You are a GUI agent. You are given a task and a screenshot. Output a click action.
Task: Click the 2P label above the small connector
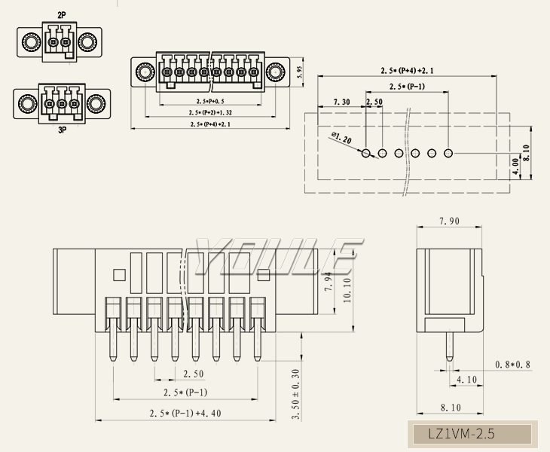click(62, 15)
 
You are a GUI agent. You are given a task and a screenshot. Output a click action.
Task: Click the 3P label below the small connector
click(62, 130)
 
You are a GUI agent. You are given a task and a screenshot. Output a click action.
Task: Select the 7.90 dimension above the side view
click(450, 221)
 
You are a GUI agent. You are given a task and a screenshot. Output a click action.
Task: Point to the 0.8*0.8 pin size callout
click(512, 365)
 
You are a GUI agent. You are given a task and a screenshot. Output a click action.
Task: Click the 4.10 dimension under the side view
click(467, 380)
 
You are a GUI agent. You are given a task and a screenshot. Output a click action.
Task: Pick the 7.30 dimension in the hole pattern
click(341, 102)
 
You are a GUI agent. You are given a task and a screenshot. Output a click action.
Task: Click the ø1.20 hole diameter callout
click(341, 139)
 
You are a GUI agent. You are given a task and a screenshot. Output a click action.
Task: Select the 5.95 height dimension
click(300, 72)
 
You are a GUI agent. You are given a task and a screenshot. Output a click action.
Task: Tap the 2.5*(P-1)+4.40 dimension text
click(185, 413)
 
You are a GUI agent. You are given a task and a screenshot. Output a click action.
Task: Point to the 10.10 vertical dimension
click(347, 290)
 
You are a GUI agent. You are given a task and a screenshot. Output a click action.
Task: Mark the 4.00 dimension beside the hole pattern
click(515, 166)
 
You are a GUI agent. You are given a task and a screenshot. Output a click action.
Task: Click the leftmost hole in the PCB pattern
click(367, 154)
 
